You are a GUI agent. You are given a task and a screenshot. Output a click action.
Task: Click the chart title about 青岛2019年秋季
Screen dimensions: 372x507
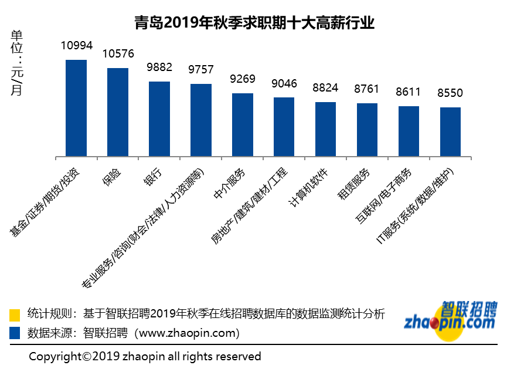[254, 23]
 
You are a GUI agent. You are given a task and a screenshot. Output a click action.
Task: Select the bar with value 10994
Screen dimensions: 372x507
[76, 108]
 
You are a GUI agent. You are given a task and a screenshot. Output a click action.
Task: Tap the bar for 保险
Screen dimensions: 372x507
[118, 112]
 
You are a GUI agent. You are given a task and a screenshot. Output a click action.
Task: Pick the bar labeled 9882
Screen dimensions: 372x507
[159, 119]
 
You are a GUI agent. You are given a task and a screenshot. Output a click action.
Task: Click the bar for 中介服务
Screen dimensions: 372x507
[243, 125]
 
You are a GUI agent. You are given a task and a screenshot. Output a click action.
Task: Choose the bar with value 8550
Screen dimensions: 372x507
[451, 132]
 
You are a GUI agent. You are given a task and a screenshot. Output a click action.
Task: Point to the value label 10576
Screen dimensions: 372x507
[118, 54]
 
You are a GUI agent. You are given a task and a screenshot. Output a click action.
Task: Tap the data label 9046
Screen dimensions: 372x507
[284, 83]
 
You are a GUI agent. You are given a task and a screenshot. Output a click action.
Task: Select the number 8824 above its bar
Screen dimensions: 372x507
[326, 88]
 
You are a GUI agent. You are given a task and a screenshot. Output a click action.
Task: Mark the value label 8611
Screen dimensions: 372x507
[409, 92]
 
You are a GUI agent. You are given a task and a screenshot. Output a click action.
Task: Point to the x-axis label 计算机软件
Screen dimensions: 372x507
[311, 187]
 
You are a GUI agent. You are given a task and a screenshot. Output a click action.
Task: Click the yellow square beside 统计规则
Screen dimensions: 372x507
[15, 314]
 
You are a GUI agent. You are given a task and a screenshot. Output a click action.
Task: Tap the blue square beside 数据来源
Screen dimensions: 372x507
[15, 333]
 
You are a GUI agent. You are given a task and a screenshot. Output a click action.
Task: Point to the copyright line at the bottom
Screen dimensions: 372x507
[145, 356]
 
